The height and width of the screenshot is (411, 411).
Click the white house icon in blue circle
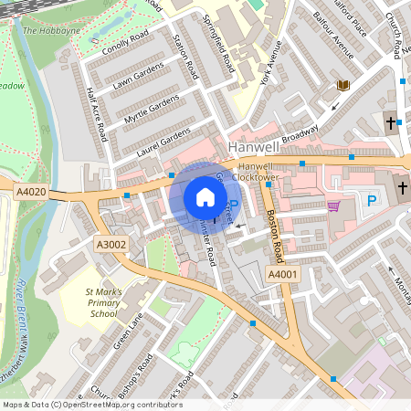pyautogui.click(x=205, y=197)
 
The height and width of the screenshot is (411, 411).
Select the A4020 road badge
pyautogui.click(x=30, y=192)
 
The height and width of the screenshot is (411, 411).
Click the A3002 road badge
pyautogui.click(x=111, y=244)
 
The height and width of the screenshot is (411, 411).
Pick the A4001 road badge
pyautogui.click(x=280, y=275)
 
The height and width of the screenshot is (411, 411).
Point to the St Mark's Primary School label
pyautogui.click(x=101, y=301)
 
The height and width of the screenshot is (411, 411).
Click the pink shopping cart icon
pyautogui.click(x=333, y=205)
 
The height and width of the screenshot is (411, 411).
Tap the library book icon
pyautogui.click(x=343, y=85)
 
